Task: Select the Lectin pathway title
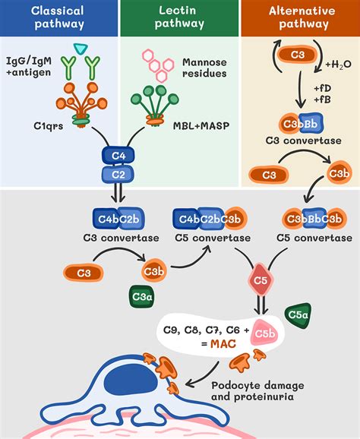tap(179, 18)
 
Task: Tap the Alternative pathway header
tap(299, 18)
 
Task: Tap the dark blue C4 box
tap(115, 156)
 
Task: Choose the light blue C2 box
tap(115, 175)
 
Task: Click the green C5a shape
tap(297, 317)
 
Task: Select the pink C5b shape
tap(265, 334)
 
